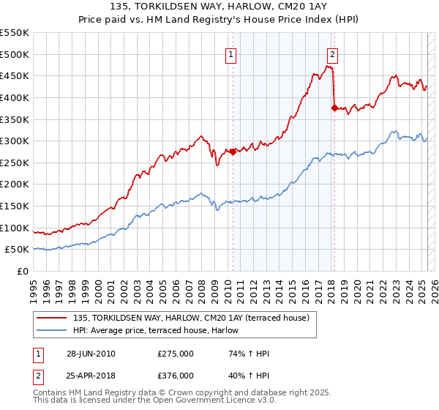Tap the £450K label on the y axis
[x=15, y=75]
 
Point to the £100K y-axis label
[x=15, y=228]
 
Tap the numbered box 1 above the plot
[x=231, y=53]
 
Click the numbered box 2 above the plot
[x=332, y=53]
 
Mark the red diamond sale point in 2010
[x=233, y=152]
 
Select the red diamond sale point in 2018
[x=334, y=108]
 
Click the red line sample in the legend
[x=53, y=318]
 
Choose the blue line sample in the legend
[x=53, y=330]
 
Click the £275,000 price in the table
[x=176, y=354]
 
